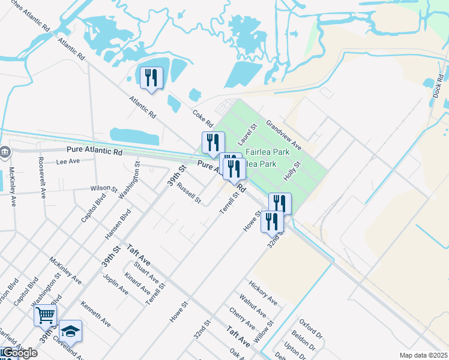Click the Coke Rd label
point(203,115)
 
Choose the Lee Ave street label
point(68,161)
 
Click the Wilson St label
point(104,188)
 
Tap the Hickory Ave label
point(263,292)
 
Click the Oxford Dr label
point(312,329)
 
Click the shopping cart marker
point(46,314)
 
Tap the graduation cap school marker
point(70,330)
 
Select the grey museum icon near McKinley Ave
point(5,152)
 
